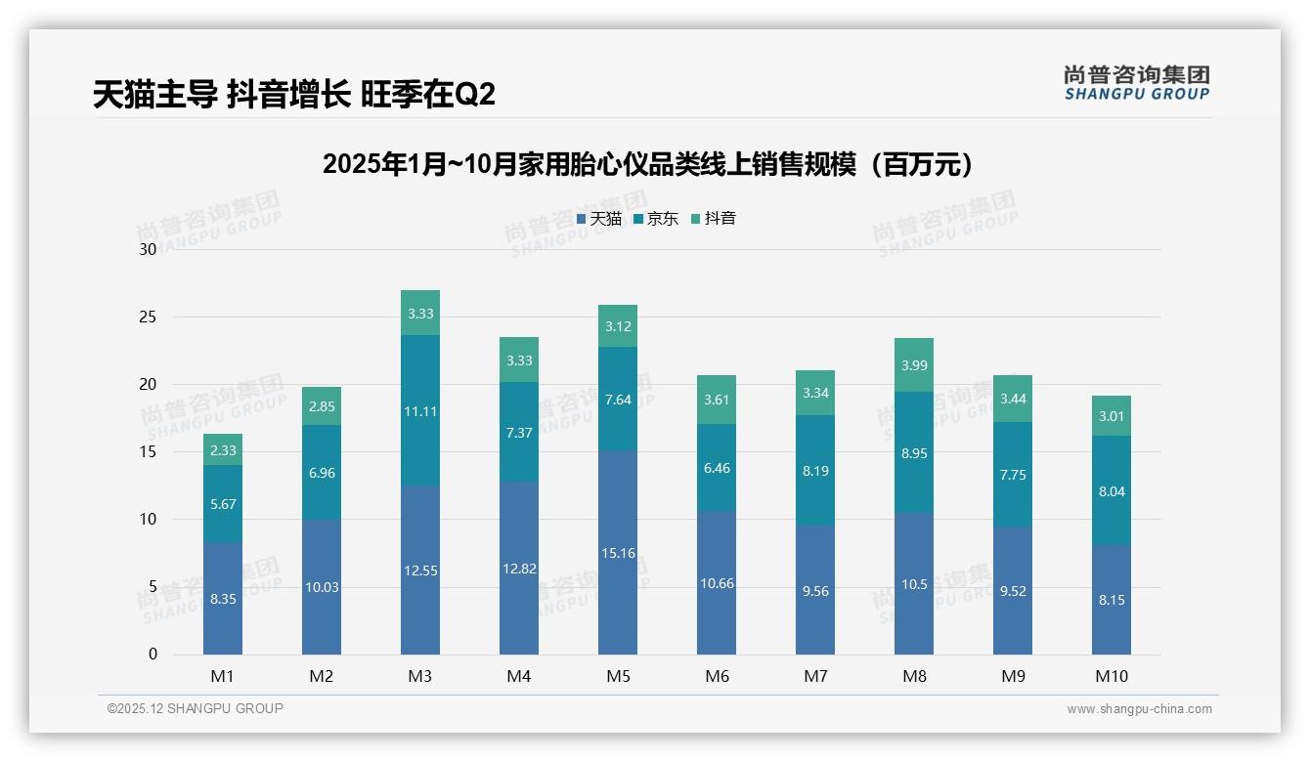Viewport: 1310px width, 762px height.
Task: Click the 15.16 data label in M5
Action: tap(617, 553)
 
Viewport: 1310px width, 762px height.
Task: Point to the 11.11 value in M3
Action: tap(419, 411)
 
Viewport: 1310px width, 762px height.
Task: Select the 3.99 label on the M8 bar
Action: tap(913, 365)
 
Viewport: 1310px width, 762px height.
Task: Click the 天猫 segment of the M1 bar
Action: tap(223, 598)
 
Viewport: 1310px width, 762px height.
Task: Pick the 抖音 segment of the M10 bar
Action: tap(1111, 415)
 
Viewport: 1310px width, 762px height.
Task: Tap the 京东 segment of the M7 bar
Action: tap(814, 470)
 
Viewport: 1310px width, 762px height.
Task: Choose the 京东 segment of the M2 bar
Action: tap(321, 472)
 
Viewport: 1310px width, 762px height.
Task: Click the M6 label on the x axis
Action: tap(716, 676)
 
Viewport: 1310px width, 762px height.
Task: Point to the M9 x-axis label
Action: tap(1012, 676)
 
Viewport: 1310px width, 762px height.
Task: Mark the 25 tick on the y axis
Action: tap(148, 317)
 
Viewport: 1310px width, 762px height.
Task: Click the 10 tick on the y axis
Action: tap(148, 520)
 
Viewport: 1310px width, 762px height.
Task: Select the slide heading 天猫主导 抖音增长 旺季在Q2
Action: tap(294, 95)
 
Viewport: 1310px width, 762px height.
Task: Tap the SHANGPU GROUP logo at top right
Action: tap(1136, 83)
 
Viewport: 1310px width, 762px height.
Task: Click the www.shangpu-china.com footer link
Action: tap(1139, 709)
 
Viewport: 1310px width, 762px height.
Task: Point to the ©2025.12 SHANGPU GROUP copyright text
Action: tap(196, 708)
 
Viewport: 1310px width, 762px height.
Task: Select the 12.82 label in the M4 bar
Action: tap(518, 569)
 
